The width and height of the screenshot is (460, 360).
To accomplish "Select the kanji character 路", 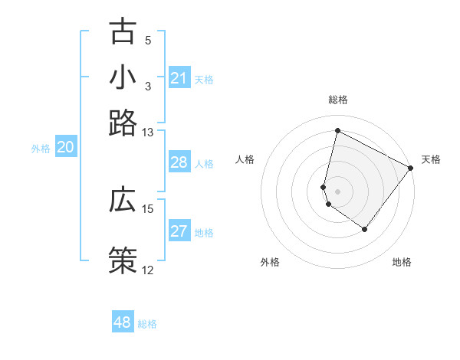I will pyautogui.click(x=123, y=123).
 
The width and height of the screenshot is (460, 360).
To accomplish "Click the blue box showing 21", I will pyautogui.click(x=179, y=78).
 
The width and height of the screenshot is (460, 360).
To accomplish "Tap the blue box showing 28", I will pyautogui.click(x=179, y=162).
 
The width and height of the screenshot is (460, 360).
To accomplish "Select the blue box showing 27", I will pyautogui.click(x=179, y=232).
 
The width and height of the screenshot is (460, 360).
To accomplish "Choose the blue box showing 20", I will pyautogui.click(x=65, y=149).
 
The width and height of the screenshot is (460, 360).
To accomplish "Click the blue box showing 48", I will pyautogui.click(x=123, y=322).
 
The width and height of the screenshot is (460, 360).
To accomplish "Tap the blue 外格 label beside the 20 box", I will pyautogui.click(x=41, y=149).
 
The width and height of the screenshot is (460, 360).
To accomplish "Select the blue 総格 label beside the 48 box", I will pyautogui.click(x=147, y=324).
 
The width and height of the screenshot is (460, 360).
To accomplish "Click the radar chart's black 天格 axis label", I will pyautogui.click(x=431, y=159).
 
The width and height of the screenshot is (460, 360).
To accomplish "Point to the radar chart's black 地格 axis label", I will pyautogui.click(x=402, y=262).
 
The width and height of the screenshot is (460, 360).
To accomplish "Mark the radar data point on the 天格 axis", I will pyautogui.click(x=410, y=169).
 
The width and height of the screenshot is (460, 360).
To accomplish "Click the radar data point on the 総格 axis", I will pyautogui.click(x=337, y=131).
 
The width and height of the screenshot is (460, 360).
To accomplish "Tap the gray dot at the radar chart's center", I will pyautogui.click(x=337, y=191).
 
